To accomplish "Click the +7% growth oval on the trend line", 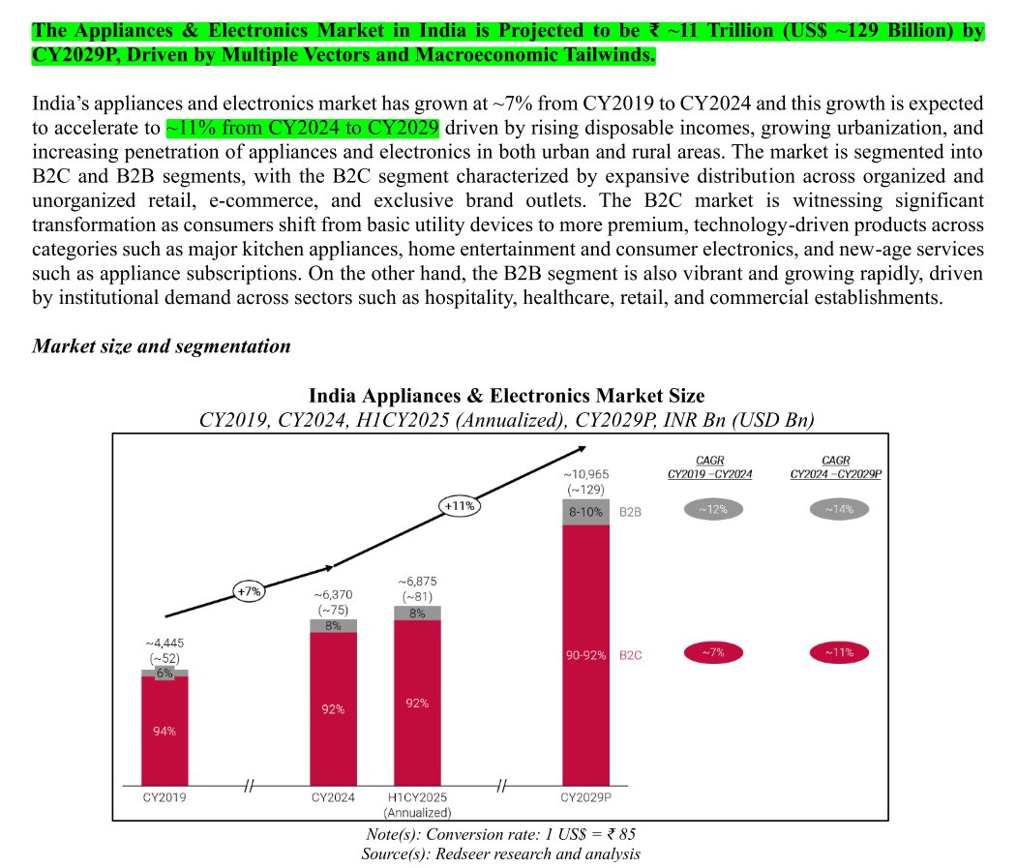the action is coord(249,591).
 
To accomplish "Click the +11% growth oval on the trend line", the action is coord(460,505).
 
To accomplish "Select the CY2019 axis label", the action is coord(165,797).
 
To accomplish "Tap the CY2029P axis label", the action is coord(585,797).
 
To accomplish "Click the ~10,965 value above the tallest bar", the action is coord(585,474).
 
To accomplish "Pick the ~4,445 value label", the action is coord(165,643).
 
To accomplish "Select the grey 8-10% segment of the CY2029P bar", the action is coord(585,512).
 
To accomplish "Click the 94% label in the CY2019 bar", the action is coord(165,732).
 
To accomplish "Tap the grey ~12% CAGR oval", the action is coord(713,509).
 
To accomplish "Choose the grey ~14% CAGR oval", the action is coord(839,509).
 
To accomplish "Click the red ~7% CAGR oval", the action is coord(713,652).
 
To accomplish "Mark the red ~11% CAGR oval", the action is coord(839,652).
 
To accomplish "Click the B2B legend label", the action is coord(631,512).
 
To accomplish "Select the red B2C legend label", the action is coord(631,655).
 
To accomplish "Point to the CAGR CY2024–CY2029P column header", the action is coord(835,467).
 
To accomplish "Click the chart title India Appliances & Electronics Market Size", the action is coord(506,396).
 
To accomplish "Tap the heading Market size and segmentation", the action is coord(162,346).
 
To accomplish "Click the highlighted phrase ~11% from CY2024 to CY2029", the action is coord(303,128).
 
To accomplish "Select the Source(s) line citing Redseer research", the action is coord(500,853).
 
